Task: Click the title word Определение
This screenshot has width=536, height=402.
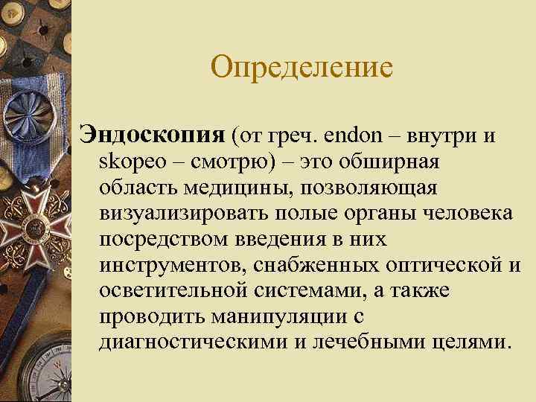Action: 301,68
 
